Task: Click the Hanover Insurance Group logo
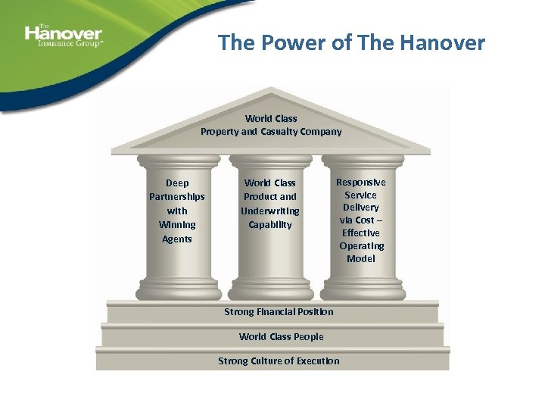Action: point(64,36)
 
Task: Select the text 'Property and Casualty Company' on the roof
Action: point(271,132)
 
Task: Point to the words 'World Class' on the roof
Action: point(271,119)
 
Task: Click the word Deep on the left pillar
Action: point(177,183)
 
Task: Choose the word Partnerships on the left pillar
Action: point(177,197)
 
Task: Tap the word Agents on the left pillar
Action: point(177,239)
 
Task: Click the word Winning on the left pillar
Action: point(177,225)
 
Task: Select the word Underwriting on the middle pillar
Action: point(270,211)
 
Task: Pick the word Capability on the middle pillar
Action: point(270,225)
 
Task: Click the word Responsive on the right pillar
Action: point(361,183)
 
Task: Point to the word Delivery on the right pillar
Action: point(361,208)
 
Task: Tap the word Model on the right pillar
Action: point(361,259)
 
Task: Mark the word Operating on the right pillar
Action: point(361,246)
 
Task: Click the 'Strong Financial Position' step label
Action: point(279,312)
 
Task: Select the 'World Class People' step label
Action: point(281,337)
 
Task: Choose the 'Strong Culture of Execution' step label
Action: point(279,361)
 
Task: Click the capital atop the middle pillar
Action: point(270,162)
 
